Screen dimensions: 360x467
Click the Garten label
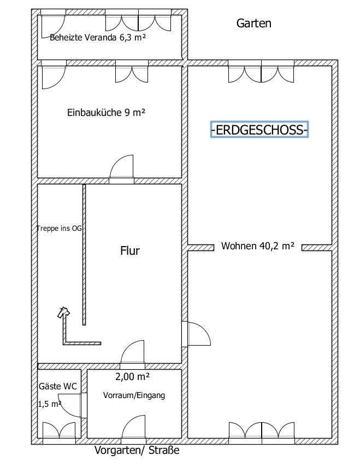254,23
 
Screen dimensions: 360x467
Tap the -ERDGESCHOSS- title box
259,130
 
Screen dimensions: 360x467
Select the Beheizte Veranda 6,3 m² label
98,38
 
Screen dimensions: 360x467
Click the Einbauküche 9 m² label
106,113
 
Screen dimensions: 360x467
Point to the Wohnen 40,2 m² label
258,246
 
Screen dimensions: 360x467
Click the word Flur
129,250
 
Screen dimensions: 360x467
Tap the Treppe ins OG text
59,229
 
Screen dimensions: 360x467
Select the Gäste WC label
58,386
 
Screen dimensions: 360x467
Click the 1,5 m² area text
50,404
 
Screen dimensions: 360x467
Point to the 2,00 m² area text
132,377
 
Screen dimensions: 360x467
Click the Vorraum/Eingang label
134,395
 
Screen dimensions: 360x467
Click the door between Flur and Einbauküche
121,169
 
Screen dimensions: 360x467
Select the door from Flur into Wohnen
196,334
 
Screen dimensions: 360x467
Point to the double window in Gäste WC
59,433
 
